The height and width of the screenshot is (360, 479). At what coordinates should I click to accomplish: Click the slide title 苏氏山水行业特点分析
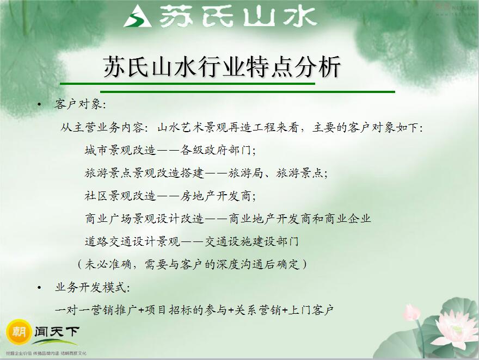click(222, 69)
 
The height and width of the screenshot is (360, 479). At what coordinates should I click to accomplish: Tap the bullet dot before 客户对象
click(39, 104)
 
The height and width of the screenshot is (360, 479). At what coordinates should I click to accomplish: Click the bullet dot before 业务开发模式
click(39, 287)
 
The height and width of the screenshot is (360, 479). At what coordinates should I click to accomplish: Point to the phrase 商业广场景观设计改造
click(145, 219)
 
